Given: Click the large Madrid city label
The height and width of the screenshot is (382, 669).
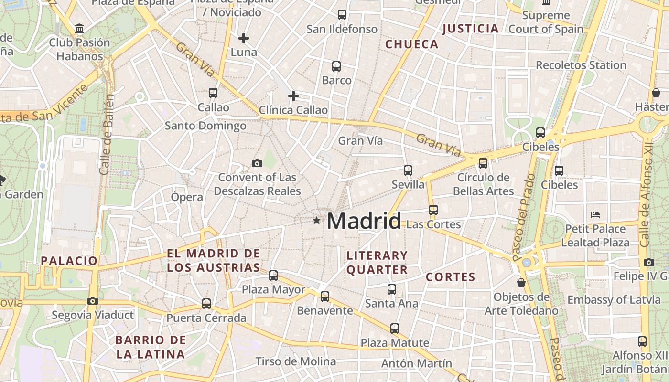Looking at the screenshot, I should (x=364, y=221).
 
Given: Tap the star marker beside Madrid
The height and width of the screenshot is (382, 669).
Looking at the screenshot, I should (x=316, y=220).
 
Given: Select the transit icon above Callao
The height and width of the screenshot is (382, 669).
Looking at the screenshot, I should (x=213, y=93).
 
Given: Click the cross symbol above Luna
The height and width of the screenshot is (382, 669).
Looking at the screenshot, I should (x=244, y=38).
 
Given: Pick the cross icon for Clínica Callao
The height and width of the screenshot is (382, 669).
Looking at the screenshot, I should (x=293, y=96).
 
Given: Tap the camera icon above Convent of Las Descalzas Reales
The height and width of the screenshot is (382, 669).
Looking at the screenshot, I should (x=257, y=164).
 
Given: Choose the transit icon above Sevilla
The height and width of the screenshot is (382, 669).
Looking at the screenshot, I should (x=408, y=170).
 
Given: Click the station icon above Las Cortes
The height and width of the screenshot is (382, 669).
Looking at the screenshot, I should (x=433, y=210).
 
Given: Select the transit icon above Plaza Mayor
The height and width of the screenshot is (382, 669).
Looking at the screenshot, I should (x=273, y=276).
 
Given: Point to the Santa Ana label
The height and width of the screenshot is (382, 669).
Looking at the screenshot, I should (x=391, y=303).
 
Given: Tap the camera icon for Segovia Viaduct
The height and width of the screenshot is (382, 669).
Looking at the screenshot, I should (x=93, y=301).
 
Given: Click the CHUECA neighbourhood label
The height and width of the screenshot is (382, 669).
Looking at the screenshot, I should (x=411, y=44).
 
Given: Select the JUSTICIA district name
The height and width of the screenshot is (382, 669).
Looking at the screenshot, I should (x=471, y=29).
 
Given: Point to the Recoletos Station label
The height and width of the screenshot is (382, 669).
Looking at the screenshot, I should (x=581, y=65).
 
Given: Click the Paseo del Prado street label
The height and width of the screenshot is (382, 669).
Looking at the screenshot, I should (x=524, y=218).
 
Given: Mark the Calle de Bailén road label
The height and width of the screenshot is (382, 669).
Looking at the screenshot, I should (x=107, y=135).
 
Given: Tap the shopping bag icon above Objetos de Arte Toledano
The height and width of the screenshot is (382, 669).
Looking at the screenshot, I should (x=521, y=283).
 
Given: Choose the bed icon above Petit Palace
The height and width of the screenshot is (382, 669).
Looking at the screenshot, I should (x=595, y=214).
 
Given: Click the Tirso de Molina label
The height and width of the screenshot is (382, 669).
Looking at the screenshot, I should (x=296, y=361).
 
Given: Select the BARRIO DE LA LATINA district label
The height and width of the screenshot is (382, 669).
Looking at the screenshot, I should (x=151, y=347).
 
